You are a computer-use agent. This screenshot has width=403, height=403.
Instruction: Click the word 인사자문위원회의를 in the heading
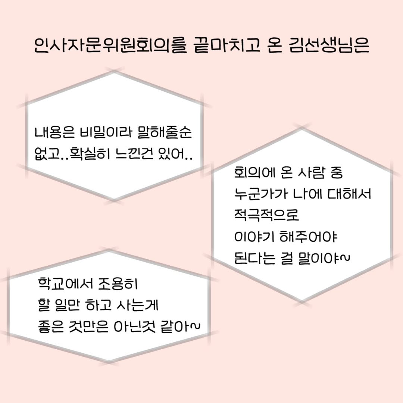click(x=110, y=46)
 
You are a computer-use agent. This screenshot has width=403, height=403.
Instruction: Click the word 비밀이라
click(x=106, y=132)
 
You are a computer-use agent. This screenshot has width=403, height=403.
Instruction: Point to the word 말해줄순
click(x=165, y=132)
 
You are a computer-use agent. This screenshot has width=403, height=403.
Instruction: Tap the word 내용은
click(x=54, y=132)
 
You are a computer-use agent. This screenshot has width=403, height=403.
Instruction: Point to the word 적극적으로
click(x=266, y=215)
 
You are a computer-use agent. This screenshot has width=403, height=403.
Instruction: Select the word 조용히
click(x=118, y=284)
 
